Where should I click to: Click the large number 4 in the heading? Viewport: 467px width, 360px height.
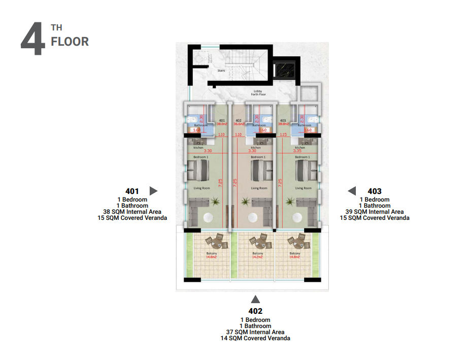(34, 39)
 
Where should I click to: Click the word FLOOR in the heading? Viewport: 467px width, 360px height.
(70, 42)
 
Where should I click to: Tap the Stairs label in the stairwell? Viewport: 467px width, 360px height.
(221, 71)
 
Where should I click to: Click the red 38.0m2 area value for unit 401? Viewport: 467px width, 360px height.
(221, 123)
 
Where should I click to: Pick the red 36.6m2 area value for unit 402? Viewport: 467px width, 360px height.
(239, 123)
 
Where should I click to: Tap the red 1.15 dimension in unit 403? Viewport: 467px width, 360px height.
(283, 135)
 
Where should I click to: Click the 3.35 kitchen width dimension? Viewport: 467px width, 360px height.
(305, 151)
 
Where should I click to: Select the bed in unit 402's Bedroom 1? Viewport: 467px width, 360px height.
(258, 170)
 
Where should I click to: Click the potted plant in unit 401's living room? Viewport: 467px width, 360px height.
(215, 202)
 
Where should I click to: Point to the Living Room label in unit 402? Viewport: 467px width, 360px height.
(259, 188)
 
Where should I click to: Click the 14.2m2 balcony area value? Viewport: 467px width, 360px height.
(257, 257)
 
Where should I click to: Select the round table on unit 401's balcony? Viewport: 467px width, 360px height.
(213, 240)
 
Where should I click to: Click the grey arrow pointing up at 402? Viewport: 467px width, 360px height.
(255, 300)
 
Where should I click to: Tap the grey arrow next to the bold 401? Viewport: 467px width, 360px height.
(153, 191)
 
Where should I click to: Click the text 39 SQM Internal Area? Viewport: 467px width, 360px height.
(375, 212)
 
